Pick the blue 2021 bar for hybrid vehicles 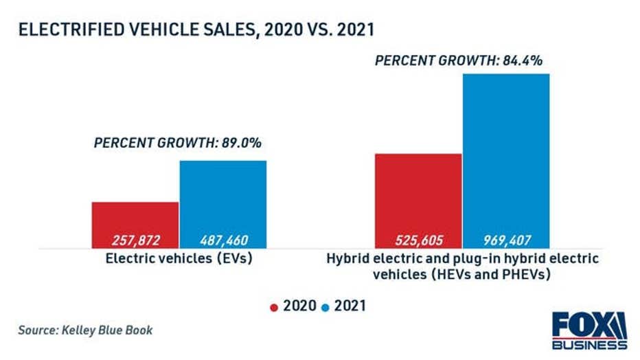pos(506,151)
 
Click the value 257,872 pos(135,240)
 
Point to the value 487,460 pos(223,240)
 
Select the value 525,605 pos(418,240)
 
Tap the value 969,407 pos(506,240)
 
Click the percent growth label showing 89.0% pos(178,144)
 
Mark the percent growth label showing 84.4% pos(459,60)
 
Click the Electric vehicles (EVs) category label pos(180,259)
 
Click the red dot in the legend pos(274,307)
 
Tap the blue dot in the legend pos(325,307)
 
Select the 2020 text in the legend pos(299,306)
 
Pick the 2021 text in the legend pos(350,306)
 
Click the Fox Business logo pos(589,330)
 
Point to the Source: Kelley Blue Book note pos(85,330)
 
